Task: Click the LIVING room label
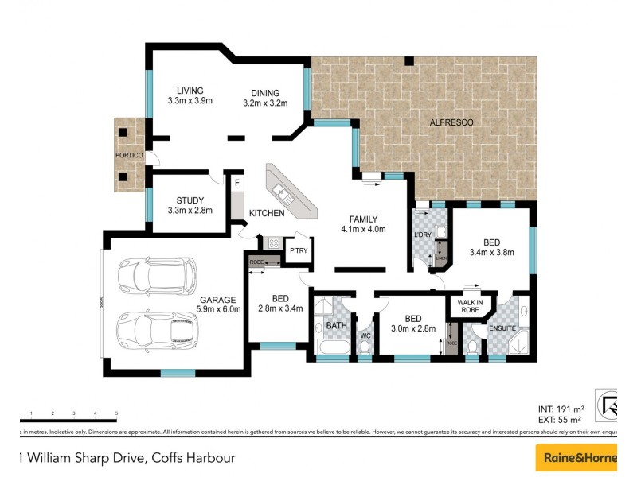coord(190,91)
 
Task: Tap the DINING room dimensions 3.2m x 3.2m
coord(264,103)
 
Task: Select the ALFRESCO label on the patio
coord(451,122)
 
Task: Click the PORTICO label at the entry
coord(128,155)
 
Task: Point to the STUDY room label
coord(190,200)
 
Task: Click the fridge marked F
coord(236,182)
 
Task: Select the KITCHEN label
coord(267,214)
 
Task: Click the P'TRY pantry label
coord(299,250)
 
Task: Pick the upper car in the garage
coord(158,275)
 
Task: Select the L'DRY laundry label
coord(423,235)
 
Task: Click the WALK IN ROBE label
coord(471,306)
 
